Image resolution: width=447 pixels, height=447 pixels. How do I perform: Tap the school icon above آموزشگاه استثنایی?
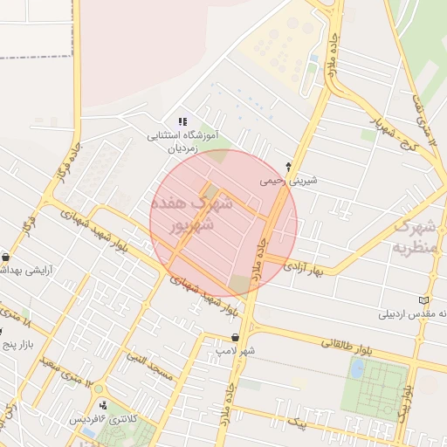click(182, 121)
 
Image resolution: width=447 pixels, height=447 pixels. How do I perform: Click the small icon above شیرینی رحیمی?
click(289, 166)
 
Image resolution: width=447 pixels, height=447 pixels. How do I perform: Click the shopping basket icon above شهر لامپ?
click(235, 337)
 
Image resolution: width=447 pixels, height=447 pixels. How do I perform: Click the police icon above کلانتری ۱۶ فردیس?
click(105, 404)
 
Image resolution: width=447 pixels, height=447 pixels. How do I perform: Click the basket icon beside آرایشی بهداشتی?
click(7, 257)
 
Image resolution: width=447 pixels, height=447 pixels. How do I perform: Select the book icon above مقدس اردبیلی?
click(423, 300)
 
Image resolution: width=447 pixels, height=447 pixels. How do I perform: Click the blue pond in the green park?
click(357, 368)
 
